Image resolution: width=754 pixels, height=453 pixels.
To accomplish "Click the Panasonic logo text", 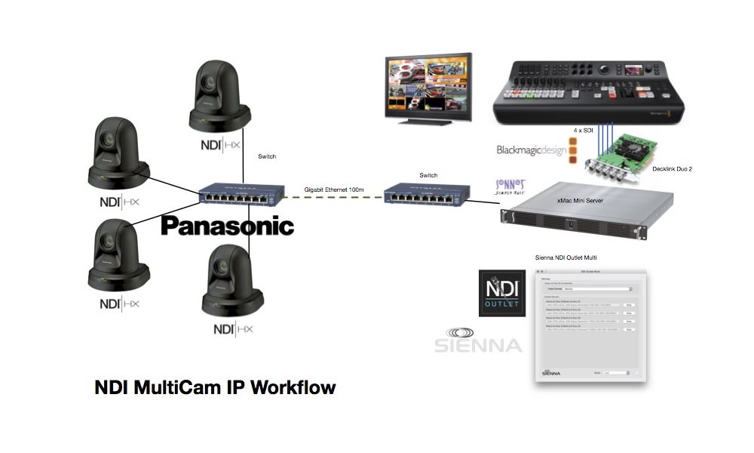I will pos(227,225).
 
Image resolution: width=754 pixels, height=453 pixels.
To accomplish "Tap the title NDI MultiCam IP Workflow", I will pos(215,388).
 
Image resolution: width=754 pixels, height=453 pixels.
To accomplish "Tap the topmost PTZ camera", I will pos(217,95).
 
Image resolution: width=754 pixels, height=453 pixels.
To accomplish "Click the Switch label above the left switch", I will pos(267,156).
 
